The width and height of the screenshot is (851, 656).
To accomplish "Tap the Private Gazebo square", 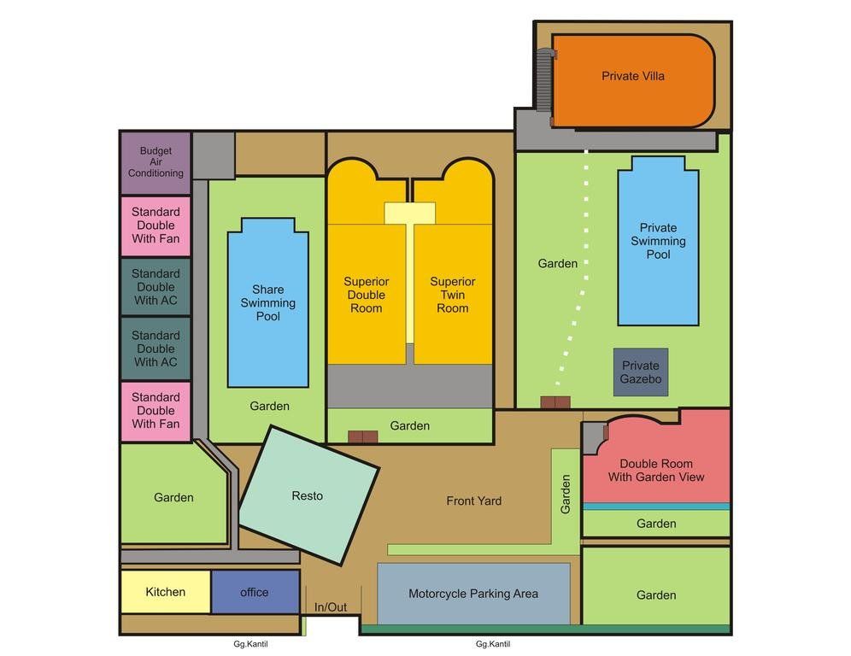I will point(641,372).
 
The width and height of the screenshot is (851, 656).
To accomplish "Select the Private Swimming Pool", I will point(658,242).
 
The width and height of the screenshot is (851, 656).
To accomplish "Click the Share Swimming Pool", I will point(267,303).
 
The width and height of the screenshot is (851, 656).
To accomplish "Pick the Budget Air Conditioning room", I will point(156,162).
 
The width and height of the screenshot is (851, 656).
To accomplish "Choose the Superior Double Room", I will point(367,295).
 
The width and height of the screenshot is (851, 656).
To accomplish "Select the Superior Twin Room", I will point(453,295).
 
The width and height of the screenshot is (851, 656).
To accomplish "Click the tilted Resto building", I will point(308,495).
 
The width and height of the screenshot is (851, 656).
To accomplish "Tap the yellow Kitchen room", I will point(165,592).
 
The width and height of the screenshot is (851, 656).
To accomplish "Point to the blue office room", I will point(255,592).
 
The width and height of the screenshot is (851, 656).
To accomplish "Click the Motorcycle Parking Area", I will point(473,594).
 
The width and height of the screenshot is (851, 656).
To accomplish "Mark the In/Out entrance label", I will point(331,607).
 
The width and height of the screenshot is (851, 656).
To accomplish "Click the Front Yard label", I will point(473,501).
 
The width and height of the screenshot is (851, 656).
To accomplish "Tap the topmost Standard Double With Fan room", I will point(156,225).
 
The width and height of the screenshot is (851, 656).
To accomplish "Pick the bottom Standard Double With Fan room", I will point(156,411).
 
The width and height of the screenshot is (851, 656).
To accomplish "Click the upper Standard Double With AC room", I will point(156,287).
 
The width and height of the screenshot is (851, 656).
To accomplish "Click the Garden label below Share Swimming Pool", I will point(269,407).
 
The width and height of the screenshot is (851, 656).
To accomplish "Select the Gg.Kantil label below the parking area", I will point(494,645).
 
